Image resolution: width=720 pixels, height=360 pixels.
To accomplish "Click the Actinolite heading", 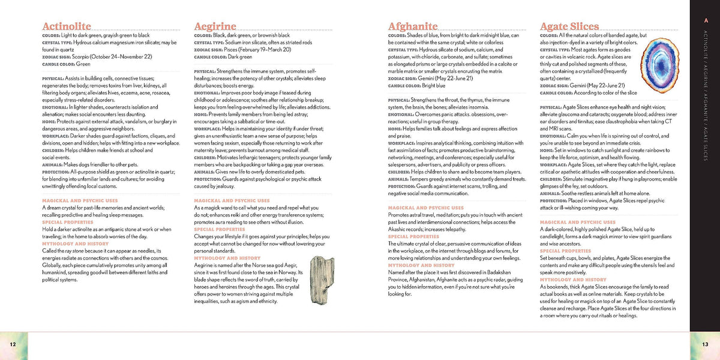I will [x=67, y=26].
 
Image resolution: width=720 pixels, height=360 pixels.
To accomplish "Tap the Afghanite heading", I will [x=413, y=26].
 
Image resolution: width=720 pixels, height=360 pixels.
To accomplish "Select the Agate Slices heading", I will [x=569, y=26].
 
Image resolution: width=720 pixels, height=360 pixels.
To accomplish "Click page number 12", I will [x=13, y=343].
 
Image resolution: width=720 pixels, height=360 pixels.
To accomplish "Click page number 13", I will [x=706, y=343].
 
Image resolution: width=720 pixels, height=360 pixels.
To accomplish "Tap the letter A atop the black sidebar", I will [x=705, y=22].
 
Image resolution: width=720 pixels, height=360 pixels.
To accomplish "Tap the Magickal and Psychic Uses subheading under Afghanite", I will [x=425, y=208].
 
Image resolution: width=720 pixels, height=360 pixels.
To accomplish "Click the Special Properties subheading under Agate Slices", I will [x=566, y=251].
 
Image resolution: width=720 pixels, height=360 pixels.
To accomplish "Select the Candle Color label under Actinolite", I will [x=58, y=64].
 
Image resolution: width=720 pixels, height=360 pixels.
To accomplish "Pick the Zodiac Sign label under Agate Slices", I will [x=555, y=85].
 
